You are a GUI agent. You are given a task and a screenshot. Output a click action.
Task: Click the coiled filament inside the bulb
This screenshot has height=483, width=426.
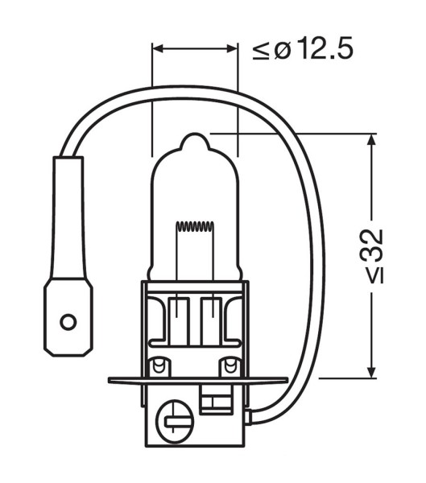click(194, 227)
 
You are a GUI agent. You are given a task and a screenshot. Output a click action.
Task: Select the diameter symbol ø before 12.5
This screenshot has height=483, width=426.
click(281, 50)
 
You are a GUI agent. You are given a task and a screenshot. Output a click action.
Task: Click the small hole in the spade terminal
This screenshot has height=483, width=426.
click(68, 322)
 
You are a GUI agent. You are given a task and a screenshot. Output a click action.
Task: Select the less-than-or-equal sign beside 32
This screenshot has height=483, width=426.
click(374, 276)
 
